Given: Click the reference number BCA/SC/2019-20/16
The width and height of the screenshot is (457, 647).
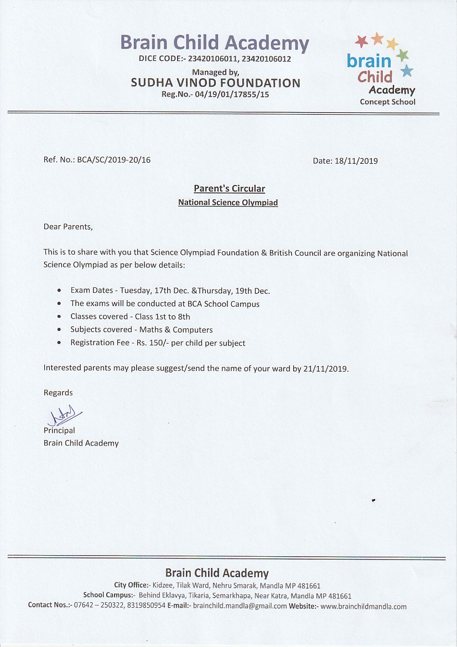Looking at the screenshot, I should pos(114,160).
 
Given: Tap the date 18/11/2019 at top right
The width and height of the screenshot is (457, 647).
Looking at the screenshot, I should pos(356,161).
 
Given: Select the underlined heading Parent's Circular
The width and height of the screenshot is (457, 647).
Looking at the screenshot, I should pos(229,189).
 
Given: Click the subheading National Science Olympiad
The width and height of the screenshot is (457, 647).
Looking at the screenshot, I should pos(228,203).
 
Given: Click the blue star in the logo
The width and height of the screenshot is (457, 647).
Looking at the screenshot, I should pos(407,70).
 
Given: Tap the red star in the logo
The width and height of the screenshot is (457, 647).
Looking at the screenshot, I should pos(362,41).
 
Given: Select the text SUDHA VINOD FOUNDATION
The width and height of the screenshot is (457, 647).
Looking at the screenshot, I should pos(215,83).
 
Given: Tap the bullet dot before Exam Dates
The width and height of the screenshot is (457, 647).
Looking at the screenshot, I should pos(59,291).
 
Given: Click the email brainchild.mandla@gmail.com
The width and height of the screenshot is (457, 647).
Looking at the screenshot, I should pos(240,606).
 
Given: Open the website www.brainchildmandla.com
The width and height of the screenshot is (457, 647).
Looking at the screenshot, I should pos(363,606).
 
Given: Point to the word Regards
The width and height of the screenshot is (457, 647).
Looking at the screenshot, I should pos(58,392).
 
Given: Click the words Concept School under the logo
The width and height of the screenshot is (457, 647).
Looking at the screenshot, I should pos(387,102).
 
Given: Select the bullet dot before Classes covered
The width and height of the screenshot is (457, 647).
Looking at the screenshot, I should pos(59,317).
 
